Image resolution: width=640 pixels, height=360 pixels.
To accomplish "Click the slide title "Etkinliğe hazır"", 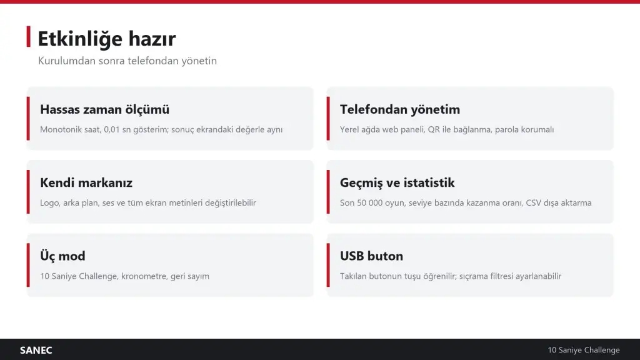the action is pyautogui.click(x=106, y=39).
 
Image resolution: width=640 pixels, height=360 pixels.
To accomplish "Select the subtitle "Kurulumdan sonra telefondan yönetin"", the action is pyautogui.click(x=127, y=61).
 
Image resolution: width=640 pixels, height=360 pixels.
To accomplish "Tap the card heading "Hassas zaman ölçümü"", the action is pyautogui.click(x=104, y=109).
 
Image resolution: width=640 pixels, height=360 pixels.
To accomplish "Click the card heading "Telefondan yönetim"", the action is pyautogui.click(x=400, y=109).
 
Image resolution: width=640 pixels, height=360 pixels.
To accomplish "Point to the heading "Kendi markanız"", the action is pyautogui.click(x=86, y=182).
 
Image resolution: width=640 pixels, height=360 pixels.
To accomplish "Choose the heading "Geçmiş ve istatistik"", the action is pyautogui.click(x=397, y=183).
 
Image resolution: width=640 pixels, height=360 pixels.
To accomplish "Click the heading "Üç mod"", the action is pyautogui.click(x=63, y=256).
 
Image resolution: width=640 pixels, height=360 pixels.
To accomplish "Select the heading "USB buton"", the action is pyautogui.click(x=371, y=256).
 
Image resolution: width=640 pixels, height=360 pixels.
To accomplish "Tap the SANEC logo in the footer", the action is pyautogui.click(x=36, y=350).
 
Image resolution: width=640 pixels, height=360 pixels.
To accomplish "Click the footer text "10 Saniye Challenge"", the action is pyautogui.click(x=584, y=350).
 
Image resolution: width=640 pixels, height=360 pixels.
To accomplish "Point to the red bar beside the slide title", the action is pyautogui.click(x=29, y=37).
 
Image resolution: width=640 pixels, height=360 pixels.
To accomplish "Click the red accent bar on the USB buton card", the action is pyautogui.click(x=328, y=265).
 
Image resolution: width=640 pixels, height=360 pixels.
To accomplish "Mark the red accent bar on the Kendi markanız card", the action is pyautogui.click(x=28, y=192).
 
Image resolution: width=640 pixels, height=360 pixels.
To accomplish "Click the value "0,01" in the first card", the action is pyautogui.click(x=112, y=129).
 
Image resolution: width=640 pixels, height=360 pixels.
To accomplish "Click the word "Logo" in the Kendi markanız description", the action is pyautogui.click(x=49, y=203).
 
